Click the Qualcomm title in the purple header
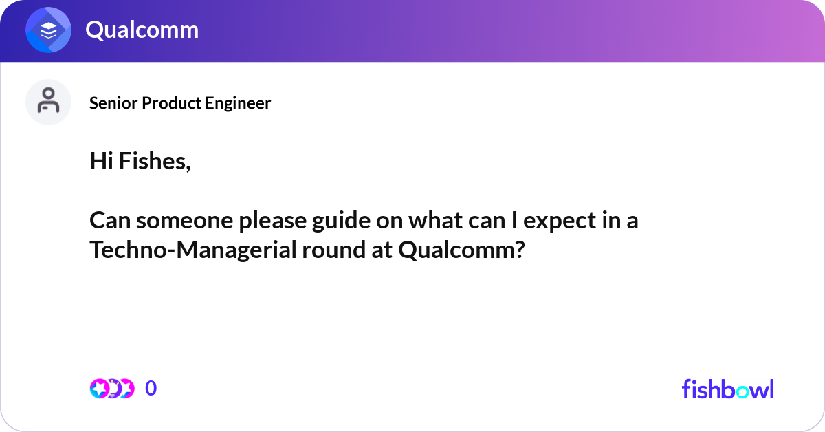[x=142, y=30]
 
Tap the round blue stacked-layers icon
[x=48, y=30]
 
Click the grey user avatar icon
[x=48, y=102]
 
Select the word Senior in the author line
[x=114, y=103]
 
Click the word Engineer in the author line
[x=238, y=103]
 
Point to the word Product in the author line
[x=171, y=103]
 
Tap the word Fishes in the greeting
[x=155, y=162]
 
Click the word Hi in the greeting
[x=101, y=162]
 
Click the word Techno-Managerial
[x=193, y=250]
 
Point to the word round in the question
[x=334, y=250]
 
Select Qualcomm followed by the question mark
[x=461, y=250]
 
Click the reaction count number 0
[x=151, y=389]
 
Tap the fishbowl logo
[x=728, y=389]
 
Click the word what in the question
[x=436, y=221]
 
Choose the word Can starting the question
[x=110, y=221]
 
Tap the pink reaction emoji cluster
[x=112, y=389]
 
